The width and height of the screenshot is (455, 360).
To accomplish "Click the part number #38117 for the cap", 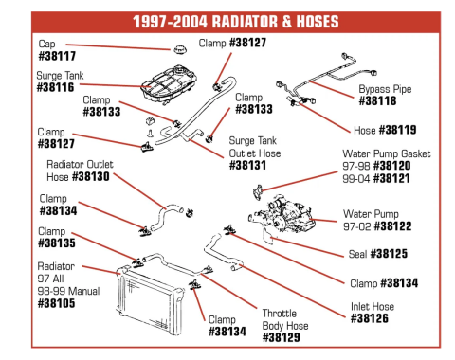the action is point(57,56).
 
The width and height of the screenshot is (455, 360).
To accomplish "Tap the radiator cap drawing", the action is point(179,49).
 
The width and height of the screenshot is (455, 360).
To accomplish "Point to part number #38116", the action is point(56,87).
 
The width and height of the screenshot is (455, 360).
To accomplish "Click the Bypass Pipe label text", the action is point(385,89).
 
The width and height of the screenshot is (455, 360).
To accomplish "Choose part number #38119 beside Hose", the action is point(397,130).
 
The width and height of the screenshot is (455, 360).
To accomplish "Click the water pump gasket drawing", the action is point(258,192).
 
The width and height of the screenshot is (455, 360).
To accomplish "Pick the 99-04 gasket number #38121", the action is point(391,178).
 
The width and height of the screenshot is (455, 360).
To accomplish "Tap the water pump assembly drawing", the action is point(282,215).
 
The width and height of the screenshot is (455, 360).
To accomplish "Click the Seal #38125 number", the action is point(389,254).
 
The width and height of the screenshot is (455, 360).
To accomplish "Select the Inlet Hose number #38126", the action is point(370,318).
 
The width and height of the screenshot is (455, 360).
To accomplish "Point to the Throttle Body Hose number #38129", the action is point(282,337).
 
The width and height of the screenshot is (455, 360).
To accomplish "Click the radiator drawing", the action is point(150,300).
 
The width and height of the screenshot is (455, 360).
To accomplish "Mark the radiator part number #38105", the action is point(56,303).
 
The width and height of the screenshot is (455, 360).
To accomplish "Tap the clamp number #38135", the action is point(57,243).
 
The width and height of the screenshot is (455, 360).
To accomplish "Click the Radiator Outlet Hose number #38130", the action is point(91,176).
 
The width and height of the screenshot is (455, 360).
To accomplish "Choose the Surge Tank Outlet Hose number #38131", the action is point(247,165).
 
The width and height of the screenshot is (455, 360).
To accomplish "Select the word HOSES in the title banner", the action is point(318,22).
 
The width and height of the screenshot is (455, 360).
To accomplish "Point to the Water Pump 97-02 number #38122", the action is point(392,226).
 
